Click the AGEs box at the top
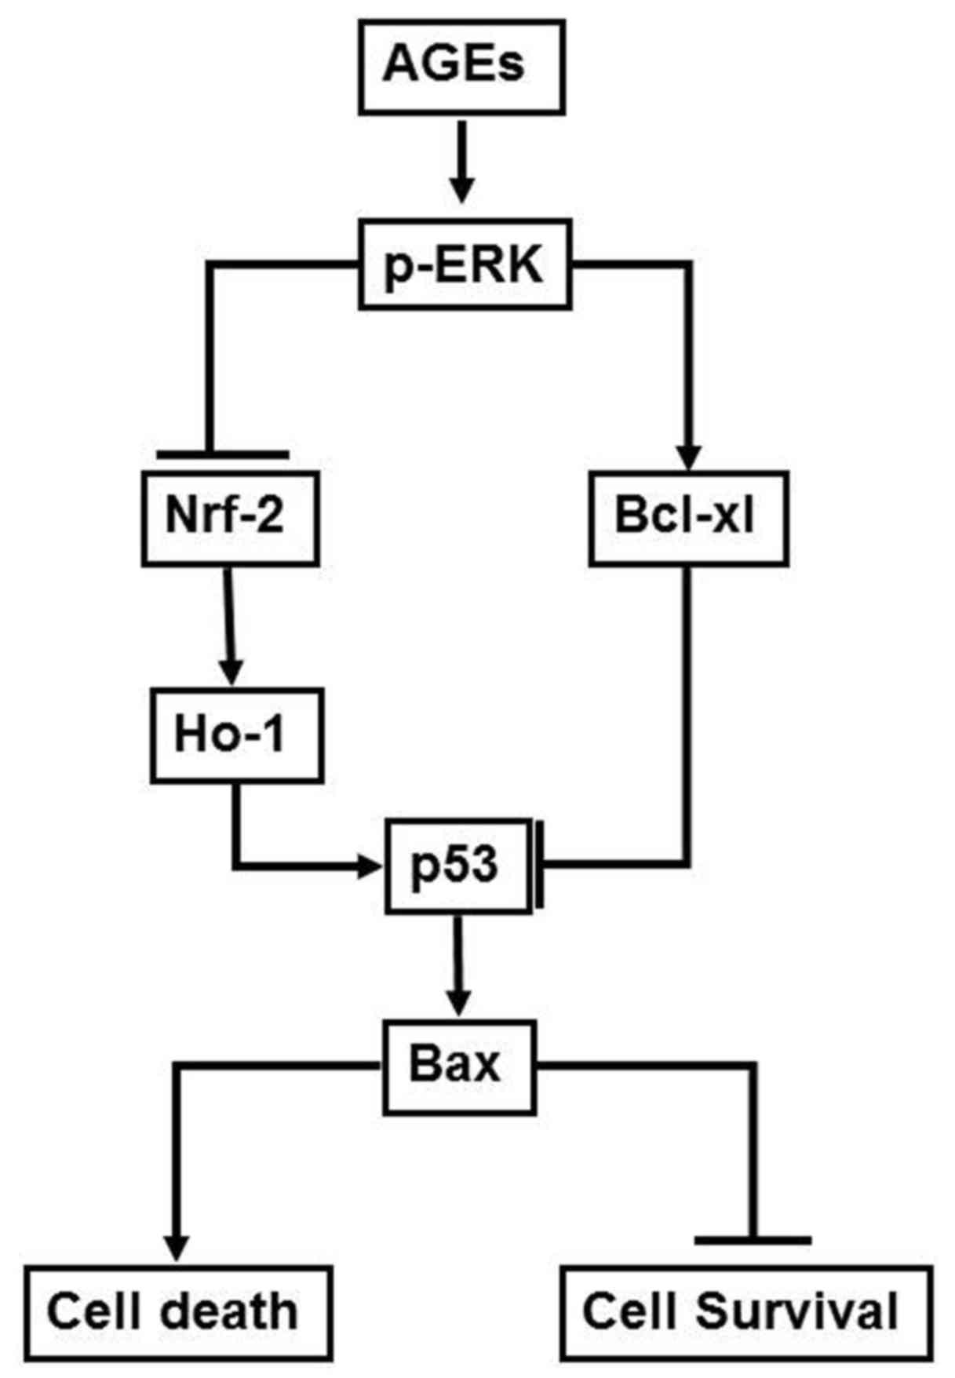click(461, 67)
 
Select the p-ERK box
click(465, 264)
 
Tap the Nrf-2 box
click(230, 518)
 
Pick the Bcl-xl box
click(688, 518)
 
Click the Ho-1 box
click(236, 735)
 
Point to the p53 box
click(457, 866)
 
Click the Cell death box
click(178, 1313)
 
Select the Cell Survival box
click(746, 1313)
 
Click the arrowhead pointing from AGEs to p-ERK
click(462, 189)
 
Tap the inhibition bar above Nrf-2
click(223, 454)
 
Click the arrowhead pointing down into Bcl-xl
click(688, 457)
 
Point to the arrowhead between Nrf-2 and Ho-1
click(231, 673)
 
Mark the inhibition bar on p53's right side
click(540, 865)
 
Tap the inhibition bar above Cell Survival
click(753, 1240)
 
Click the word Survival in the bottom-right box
click(797, 1313)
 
